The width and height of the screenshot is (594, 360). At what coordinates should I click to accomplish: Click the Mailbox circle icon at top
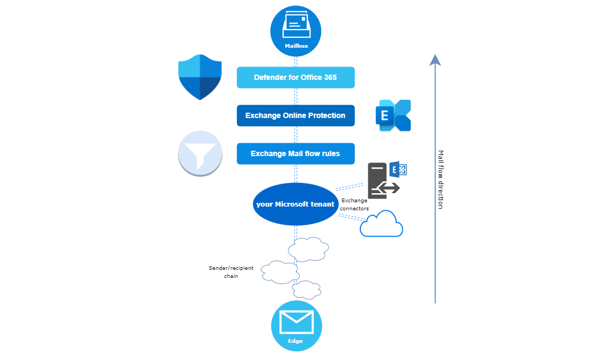pos(295,31)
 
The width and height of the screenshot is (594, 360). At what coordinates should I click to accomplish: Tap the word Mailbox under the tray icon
pos(296,46)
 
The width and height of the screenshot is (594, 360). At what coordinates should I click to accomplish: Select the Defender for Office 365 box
pos(295,77)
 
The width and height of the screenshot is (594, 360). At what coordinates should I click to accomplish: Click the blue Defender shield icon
pos(200,77)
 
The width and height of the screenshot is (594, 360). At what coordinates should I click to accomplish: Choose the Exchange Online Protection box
pos(295,115)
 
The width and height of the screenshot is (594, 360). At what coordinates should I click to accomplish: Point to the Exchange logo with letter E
pos(393,115)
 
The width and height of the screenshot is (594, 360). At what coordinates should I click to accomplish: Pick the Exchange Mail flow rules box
pos(295,153)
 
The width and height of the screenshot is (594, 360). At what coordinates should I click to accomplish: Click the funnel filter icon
pos(200,152)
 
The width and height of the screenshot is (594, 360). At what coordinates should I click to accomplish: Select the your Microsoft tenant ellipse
pos(295,204)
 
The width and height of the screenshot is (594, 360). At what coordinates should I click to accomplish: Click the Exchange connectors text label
pos(354,204)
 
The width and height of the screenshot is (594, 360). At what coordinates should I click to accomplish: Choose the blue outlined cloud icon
pos(381,224)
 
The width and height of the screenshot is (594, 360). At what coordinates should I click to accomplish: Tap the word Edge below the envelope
pos(295,341)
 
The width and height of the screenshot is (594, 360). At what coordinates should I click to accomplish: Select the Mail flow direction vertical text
pos(441,179)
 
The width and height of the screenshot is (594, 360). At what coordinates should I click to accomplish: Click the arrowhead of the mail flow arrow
pos(435,60)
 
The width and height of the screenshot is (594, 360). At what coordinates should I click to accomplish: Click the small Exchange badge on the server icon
pos(398,169)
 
